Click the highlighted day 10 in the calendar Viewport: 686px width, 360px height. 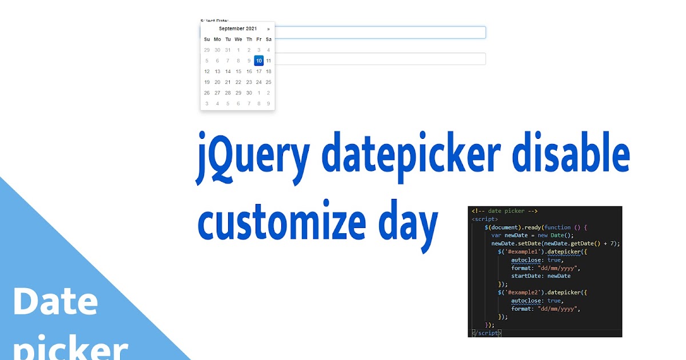[259, 61]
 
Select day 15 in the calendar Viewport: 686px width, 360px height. [238, 71]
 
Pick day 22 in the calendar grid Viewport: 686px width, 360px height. [238, 82]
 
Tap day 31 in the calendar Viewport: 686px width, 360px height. [228, 50]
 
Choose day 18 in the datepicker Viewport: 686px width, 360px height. [269, 71]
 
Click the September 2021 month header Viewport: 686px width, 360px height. [238, 29]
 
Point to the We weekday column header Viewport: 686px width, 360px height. [238, 39]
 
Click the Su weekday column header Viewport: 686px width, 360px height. [207, 39]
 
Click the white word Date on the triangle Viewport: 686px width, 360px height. [55, 301]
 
